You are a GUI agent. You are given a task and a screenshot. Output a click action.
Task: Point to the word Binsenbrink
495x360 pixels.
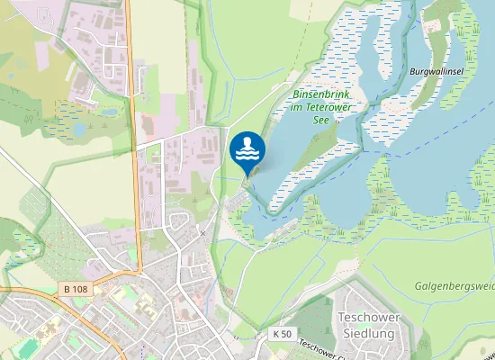[319, 94]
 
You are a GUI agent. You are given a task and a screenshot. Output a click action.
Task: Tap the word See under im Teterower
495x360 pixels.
[319, 121]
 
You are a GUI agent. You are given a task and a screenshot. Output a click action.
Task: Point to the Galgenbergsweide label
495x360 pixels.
[454, 286]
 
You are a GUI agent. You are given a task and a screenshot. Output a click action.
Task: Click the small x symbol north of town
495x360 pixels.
[203, 233]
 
